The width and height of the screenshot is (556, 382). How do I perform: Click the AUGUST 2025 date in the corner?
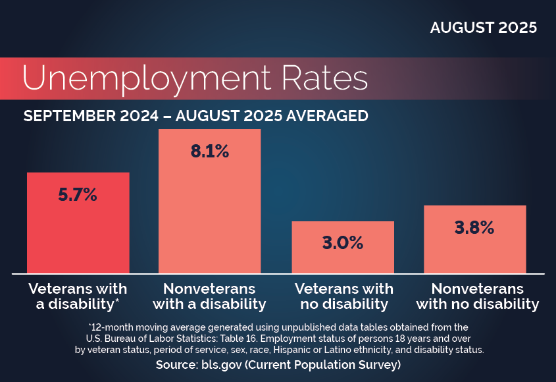click(x=484, y=28)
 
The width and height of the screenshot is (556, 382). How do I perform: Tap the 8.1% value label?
click(x=209, y=151)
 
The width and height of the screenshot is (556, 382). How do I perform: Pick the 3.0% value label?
click(x=342, y=242)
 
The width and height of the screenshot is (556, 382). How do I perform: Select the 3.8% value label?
click(x=474, y=228)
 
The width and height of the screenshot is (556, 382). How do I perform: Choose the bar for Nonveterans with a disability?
click(x=209, y=217)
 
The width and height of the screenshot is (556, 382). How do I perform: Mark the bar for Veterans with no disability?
click(x=342, y=260)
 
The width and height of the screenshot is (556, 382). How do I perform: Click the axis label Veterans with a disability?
click(x=78, y=296)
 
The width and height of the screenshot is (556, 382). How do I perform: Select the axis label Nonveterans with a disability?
click(x=209, y=296)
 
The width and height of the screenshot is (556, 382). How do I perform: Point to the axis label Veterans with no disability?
click(x=343, y=296)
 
